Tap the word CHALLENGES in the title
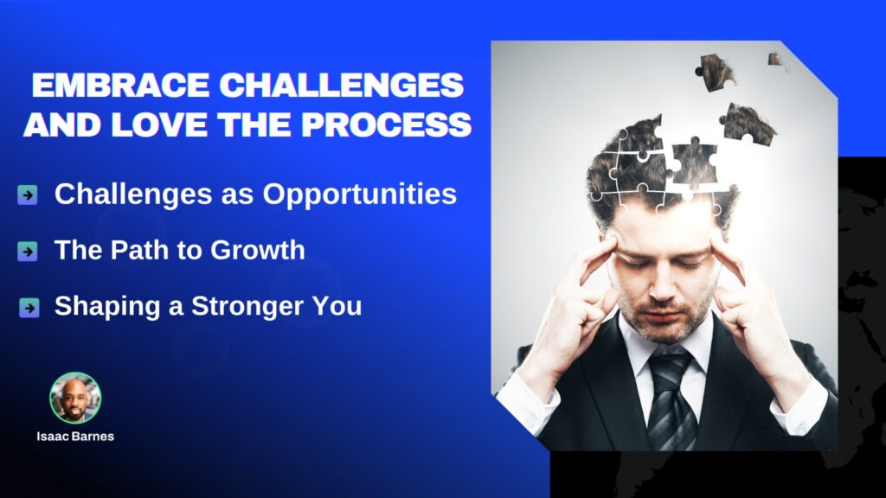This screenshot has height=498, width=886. (341, 86)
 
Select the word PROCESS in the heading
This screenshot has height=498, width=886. (387, 124)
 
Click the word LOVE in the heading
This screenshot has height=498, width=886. (159, 124)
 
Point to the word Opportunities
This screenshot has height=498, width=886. (359, 195)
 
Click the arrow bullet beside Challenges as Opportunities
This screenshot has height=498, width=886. (28, 195)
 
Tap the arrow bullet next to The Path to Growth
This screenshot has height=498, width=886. (28, 252)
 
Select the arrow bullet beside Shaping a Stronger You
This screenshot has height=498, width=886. (29, 308)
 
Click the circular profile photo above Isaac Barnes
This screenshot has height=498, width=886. (75, 398)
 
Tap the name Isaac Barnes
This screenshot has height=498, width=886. (75, 437)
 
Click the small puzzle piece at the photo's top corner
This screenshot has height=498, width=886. (776, 60)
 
